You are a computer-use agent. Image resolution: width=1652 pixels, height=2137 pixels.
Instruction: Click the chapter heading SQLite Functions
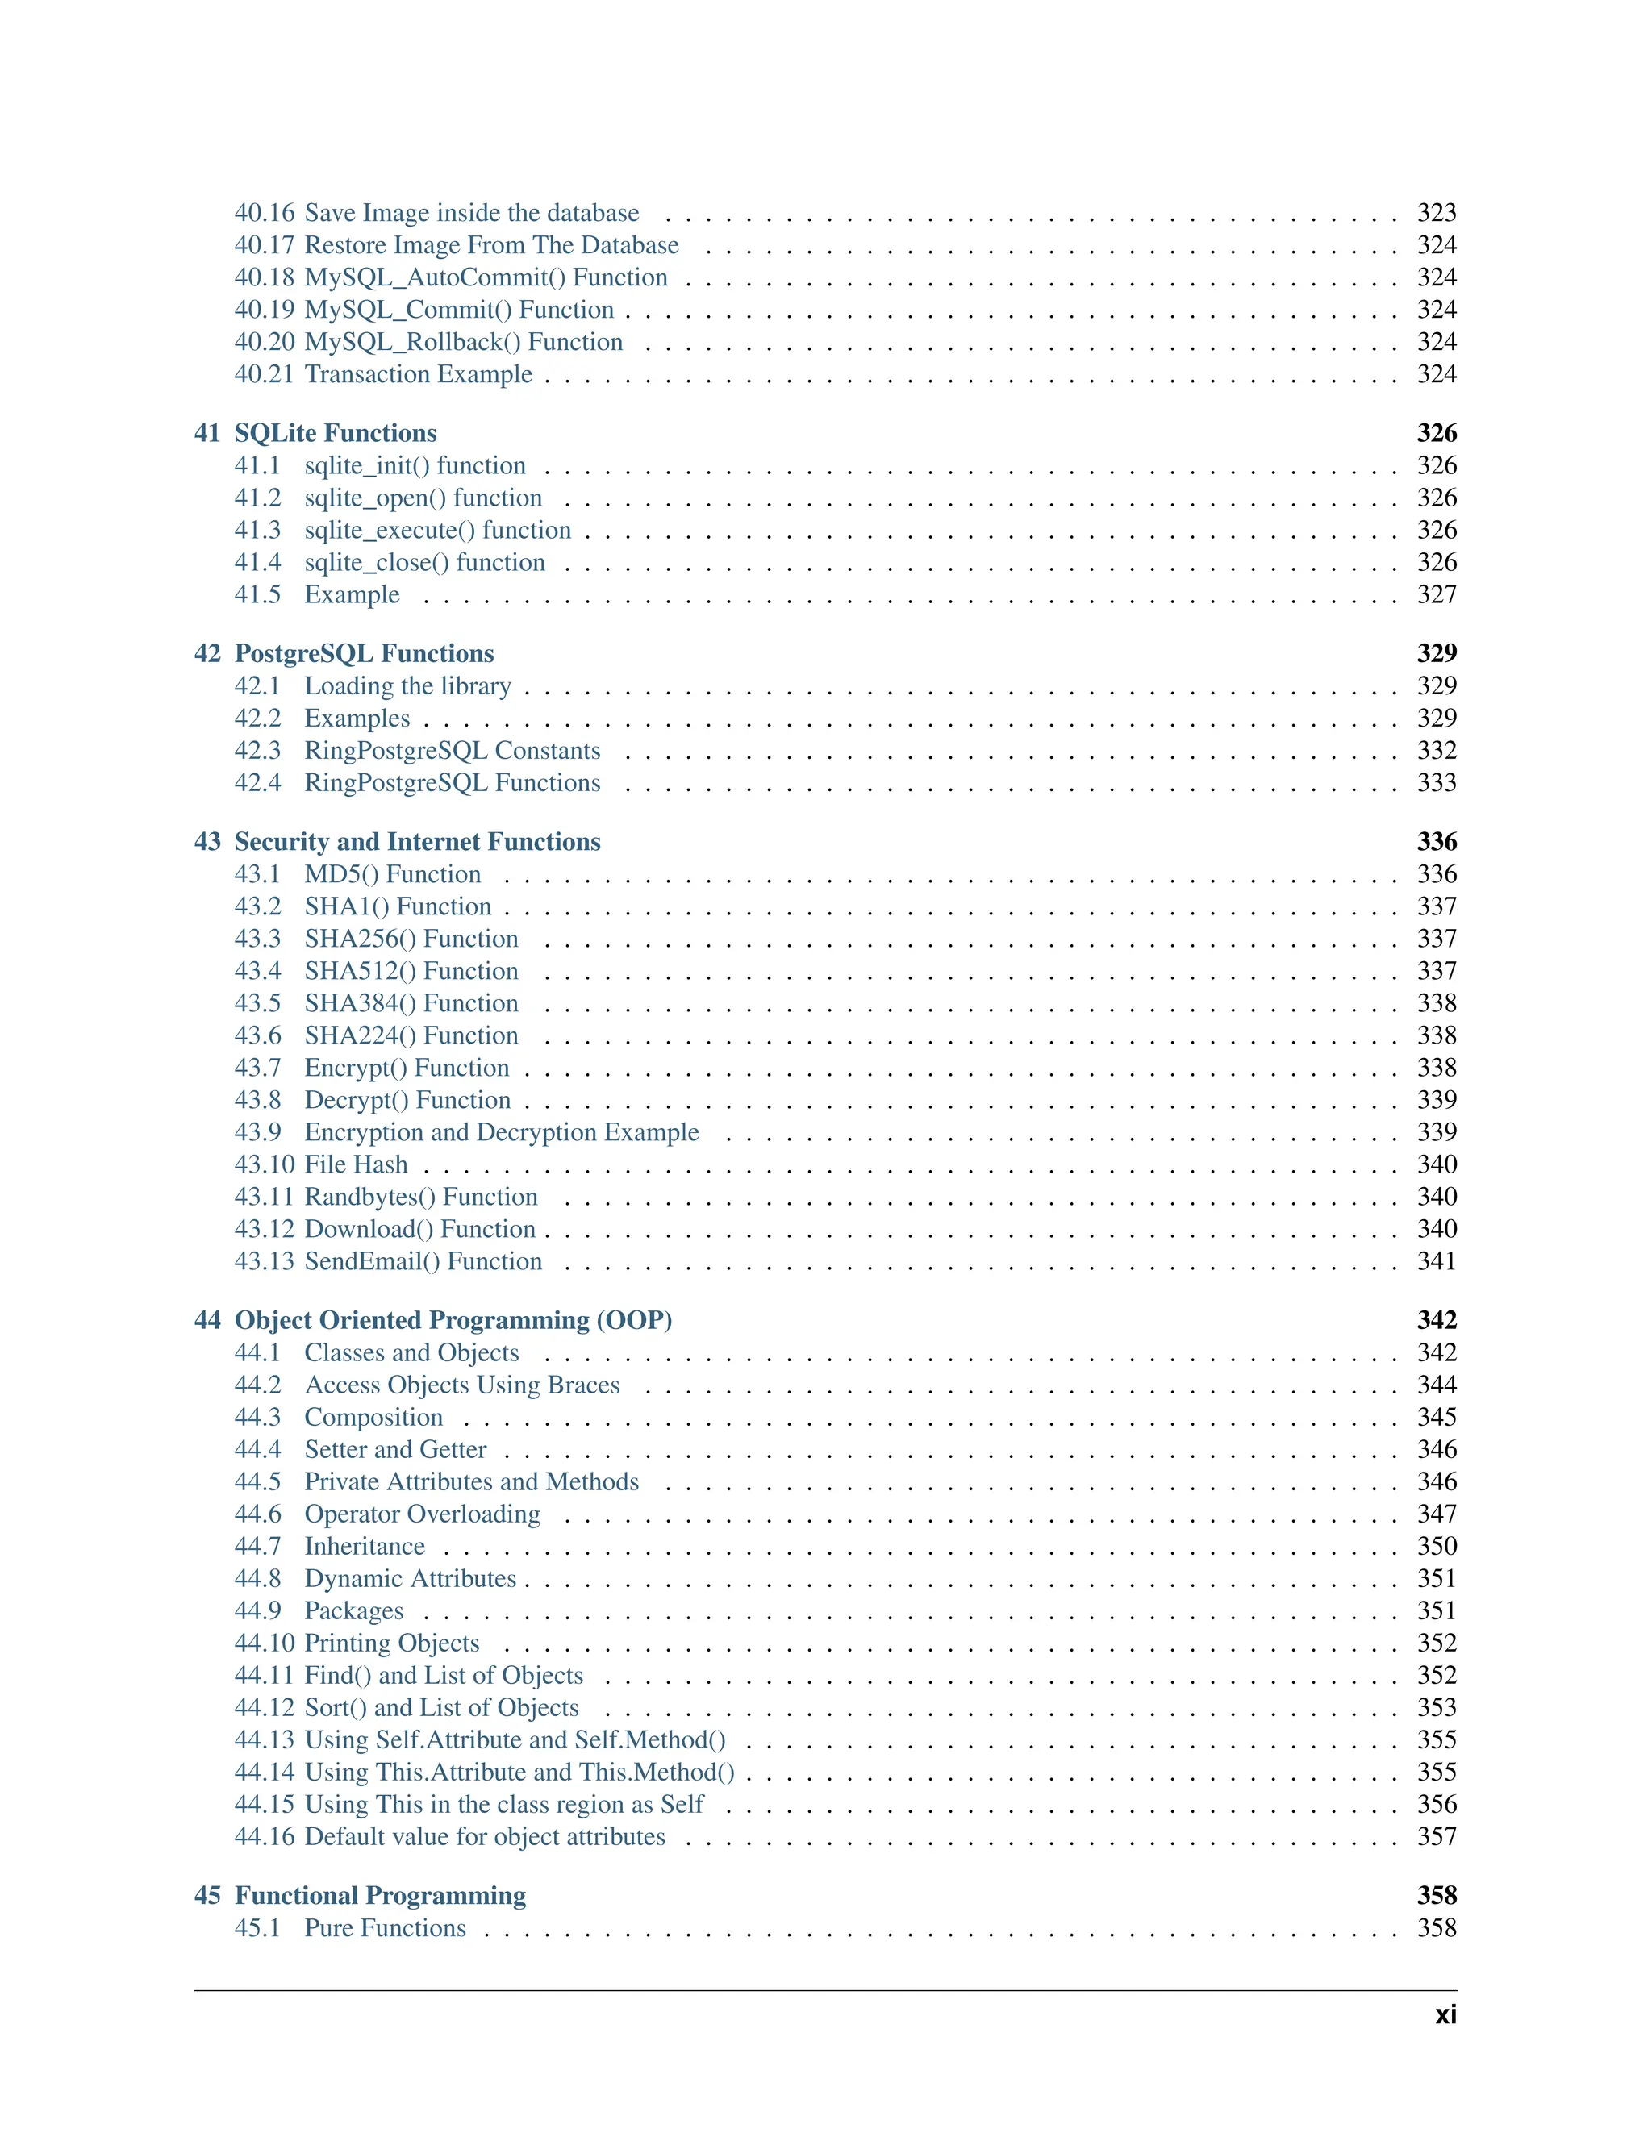pyautogui.click(x=335, y=434)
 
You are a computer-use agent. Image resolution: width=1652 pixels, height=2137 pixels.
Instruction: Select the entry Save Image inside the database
pyautogui.click(x=471, y=214)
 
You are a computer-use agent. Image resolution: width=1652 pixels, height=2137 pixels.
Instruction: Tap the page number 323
pyautogui.click(x=1436, y=214)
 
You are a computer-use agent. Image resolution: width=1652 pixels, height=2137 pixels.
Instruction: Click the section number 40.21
pyautogui.click(x=263, y=375)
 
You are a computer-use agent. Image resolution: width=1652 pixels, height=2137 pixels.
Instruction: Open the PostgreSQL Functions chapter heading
pyautogui.click(x=363, y=654)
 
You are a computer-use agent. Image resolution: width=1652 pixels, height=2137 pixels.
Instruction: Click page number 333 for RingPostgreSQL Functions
pyautogui.click(x=1436, y=783)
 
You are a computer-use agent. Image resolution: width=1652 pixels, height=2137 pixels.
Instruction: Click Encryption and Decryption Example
pyautogui.click(x=501, y=1133)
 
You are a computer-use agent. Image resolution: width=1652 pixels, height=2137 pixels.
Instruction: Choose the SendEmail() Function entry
pyautogui.click(x=423, y=1262)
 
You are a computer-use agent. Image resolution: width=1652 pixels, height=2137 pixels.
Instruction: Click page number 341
pyautogui.click(x=1436, y=1262)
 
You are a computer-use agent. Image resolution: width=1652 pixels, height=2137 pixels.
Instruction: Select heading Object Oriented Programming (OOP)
pyautogui.click(x=453, y=1321)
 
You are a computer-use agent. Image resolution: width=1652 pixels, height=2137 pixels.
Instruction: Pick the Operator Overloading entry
pyautogui.click(x=422, y=1514)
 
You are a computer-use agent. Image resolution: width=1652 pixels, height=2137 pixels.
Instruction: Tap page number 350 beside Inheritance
pyautogui.click(x=1436, y=1547)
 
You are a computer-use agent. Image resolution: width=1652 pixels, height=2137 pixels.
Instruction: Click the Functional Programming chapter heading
pyautogui.click(x=380, y=1897)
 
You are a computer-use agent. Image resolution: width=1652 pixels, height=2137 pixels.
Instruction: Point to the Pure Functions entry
pyautogui.click(x=385, y=1929)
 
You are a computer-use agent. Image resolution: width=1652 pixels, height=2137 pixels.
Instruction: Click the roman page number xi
pyautogui.click(x=1445, y=2016)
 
